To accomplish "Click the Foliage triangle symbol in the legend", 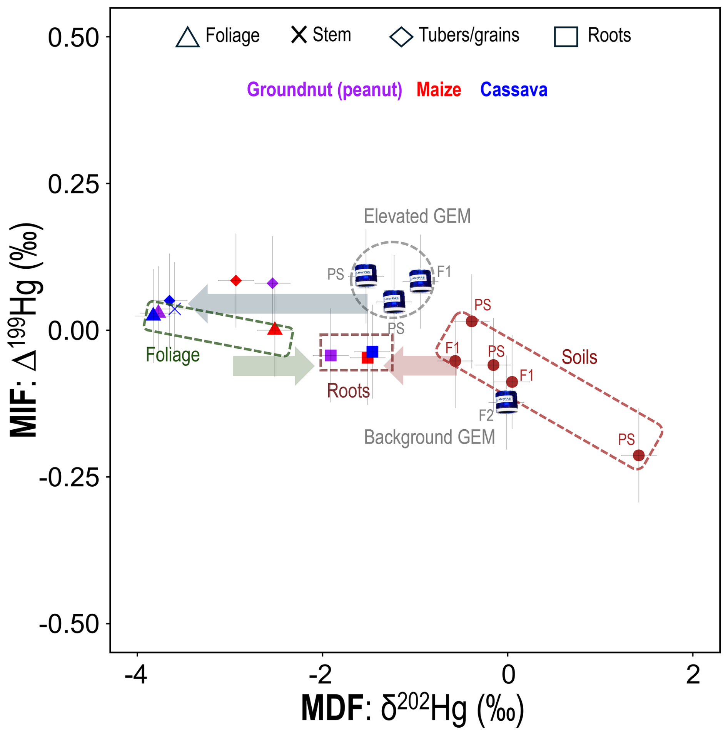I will [187, 38].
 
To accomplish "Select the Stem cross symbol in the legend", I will [299, 35].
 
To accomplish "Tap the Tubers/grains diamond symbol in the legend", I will [401, 37].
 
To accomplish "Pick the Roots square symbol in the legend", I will [565, 37].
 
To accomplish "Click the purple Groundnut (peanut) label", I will [324, 90].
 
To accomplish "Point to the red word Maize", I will [439, 90].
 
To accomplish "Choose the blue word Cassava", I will [513, 90].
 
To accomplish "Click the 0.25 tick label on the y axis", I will [73, 184].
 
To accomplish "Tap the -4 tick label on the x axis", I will [136, 686].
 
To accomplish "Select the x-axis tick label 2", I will [693, 686].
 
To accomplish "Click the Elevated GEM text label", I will [417, 216].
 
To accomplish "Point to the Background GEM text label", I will [429, 437].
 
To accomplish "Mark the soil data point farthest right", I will [638, 455].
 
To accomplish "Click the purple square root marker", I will [331, 355].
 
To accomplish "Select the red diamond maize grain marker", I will [236, 281].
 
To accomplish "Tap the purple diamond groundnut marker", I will [272, 283].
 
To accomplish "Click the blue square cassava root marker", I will [372, 352].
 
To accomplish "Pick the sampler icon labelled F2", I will [506, 402].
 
